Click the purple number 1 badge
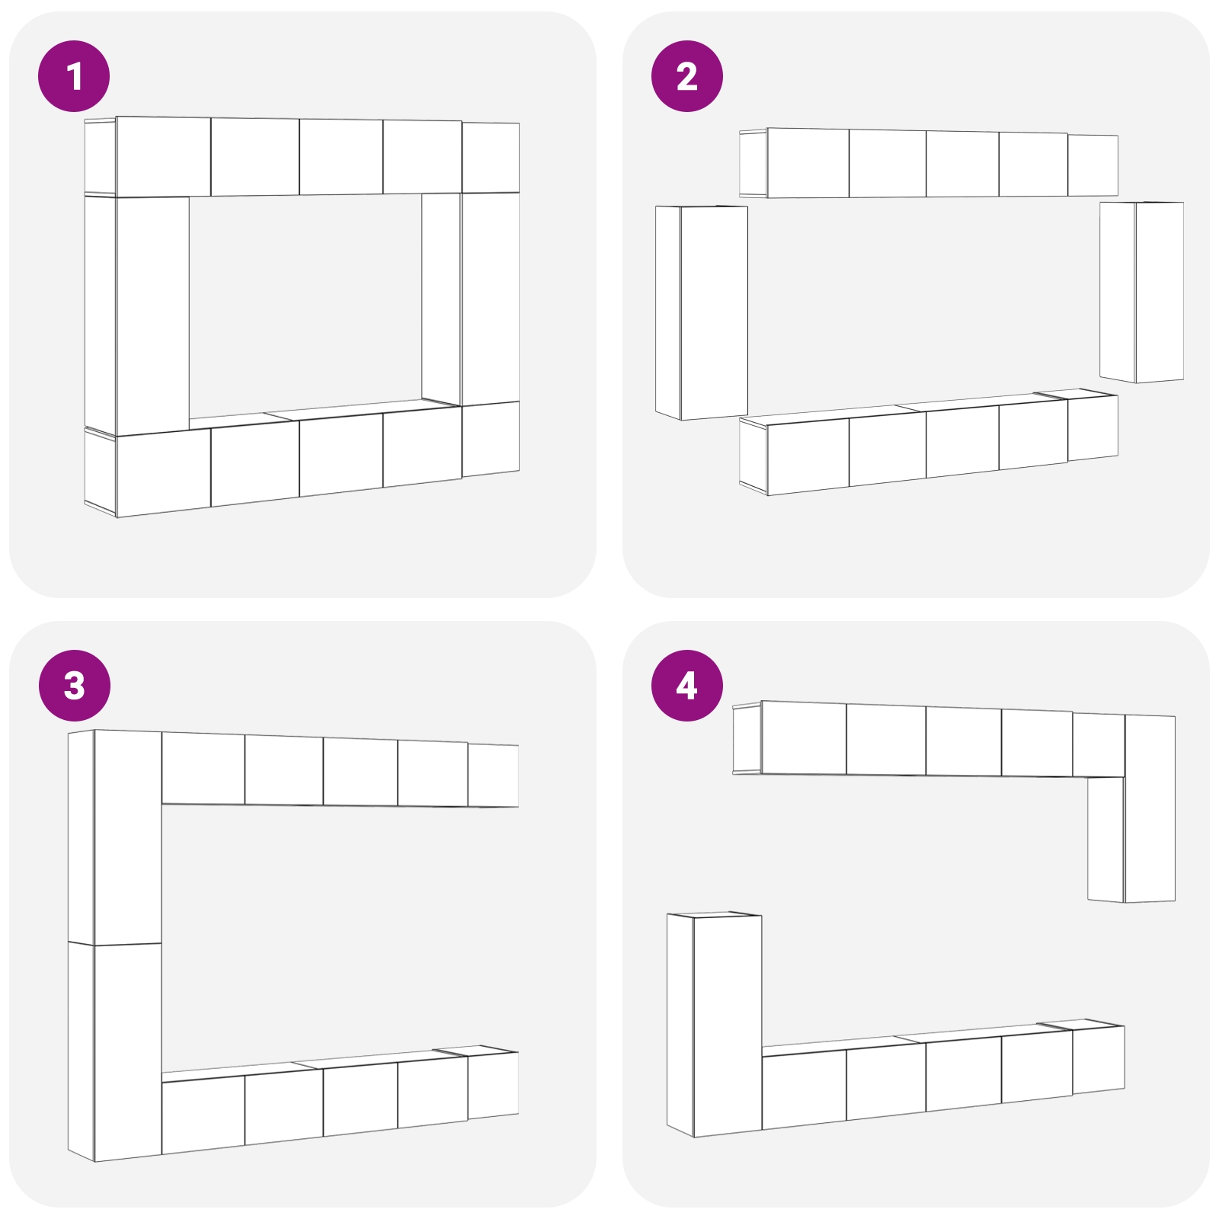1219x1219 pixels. (x=74, y=76)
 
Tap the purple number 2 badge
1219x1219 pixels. (x=686, y=76)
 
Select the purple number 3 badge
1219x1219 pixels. (x=74, y=686)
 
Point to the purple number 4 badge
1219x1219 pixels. (x=686, y=686)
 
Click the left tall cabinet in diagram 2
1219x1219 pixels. (x=702, y=312)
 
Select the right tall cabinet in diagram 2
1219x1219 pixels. (x=1142, y=292)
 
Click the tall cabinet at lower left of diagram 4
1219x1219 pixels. (x=714, y=1025)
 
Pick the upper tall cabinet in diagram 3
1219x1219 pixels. (x=115, y=837)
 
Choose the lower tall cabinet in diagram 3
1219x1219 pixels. (x=115, y=1052)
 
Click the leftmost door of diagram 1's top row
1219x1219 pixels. (x=163, y=157)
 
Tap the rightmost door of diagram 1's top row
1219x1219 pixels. (x=491, y=157)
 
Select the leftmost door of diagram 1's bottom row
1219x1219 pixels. (x=163, y=472)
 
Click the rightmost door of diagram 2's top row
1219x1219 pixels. (x=1093, y=165)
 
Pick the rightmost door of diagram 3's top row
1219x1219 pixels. (x=493, y=776)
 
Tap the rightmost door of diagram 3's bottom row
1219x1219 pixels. (x=493, y=1086)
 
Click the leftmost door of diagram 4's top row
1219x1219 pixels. (x=804, y=738)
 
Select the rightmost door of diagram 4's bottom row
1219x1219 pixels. (x=1098, y=1060)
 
